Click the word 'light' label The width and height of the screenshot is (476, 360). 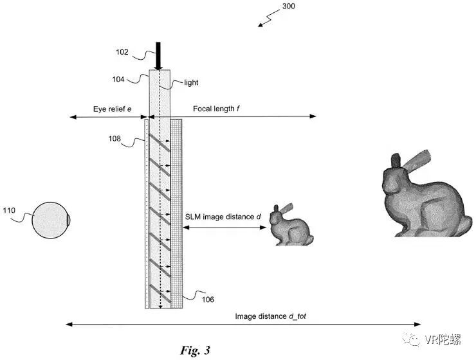click(192, 83)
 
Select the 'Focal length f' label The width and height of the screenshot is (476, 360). click(216, 109)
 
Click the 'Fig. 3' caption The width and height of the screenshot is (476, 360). click(195, 350)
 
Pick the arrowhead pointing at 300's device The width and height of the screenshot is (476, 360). click(261, 25)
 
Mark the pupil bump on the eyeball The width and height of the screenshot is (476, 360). click(69, 221)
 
